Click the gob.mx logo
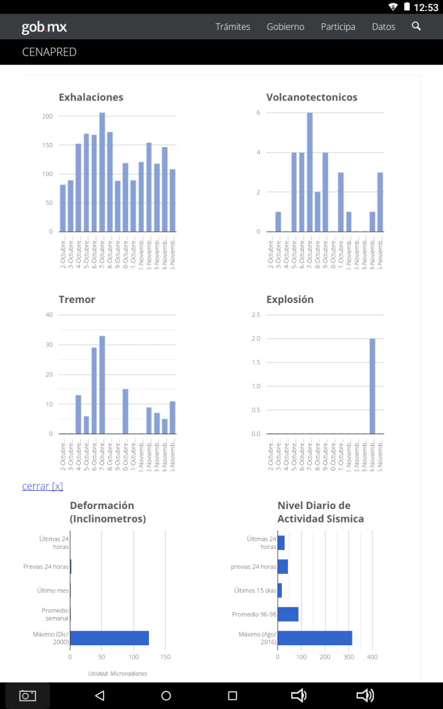(44, 27)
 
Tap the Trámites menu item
(233, 27)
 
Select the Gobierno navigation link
(286, 27)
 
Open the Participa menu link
(338, 27)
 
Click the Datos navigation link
(384, 27)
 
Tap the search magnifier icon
(417, 26)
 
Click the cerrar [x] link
(42, 486)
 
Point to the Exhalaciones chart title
(91, 98)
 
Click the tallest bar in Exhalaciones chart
(102, 172)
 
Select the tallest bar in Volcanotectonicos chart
(310, 172)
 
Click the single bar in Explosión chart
(373, 386)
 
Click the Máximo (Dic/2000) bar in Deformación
(110, 638)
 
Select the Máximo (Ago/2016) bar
(315, 638)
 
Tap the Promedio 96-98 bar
(288, 615)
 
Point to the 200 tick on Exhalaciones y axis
(47, 117)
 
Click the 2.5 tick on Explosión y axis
(256, 315)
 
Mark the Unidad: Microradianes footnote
(118, 673)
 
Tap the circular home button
(166, 696)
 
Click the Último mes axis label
(53, 591)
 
